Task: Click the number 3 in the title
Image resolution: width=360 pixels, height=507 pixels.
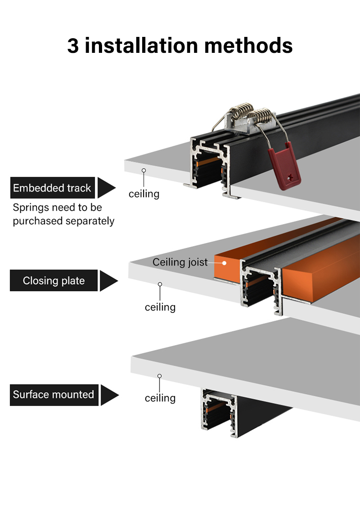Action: coord(74,46)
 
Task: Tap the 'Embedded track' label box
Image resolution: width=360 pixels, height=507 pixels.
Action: coord(52,188)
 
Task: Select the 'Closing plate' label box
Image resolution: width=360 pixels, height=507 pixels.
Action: coord(54,281)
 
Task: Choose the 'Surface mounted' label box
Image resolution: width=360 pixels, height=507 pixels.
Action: coord(53,394)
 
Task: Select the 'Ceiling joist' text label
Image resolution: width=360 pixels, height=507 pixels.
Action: coord(180,262)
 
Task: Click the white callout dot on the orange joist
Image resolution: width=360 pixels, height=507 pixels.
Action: coord(224,262)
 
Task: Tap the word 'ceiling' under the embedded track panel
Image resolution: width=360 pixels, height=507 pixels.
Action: coord(144,194)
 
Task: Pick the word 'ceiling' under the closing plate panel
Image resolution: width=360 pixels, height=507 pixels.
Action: coord(160,307)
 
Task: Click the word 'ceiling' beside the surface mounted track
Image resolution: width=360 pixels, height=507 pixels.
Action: coord(160,398)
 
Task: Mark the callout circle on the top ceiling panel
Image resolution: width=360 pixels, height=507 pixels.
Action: coord(144,170)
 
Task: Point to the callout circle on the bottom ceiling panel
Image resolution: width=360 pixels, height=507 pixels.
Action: coord(159,376)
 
